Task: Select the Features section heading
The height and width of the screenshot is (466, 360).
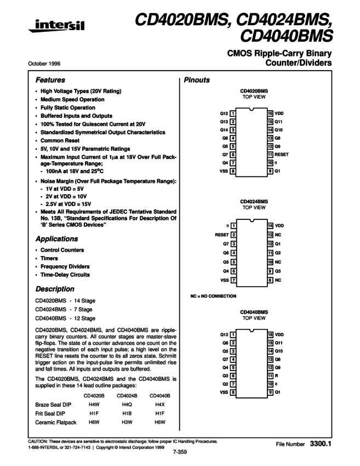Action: point(50,80)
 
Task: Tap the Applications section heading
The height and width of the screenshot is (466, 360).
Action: point(56,239)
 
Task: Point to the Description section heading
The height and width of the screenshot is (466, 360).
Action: point(55,289)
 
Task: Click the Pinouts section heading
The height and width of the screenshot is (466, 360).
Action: point(197,80)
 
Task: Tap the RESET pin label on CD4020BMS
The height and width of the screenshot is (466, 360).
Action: point(282,155)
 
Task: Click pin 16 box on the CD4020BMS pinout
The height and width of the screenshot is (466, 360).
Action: point(270,113)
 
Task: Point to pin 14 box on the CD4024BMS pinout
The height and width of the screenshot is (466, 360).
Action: point(270,225)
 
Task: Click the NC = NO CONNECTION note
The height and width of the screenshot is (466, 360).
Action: point(213,296)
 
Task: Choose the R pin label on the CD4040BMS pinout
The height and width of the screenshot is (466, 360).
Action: point(277,376)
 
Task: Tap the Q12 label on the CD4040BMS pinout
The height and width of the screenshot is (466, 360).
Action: point(224,334)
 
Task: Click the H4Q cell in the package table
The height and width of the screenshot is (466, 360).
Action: point(127,404)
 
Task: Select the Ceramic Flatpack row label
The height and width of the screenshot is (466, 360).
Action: point(56,423)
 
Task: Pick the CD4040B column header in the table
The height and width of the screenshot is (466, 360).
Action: point(160,395)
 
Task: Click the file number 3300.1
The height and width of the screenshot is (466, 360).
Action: point(321,442)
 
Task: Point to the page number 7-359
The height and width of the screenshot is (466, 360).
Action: point(180,452)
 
